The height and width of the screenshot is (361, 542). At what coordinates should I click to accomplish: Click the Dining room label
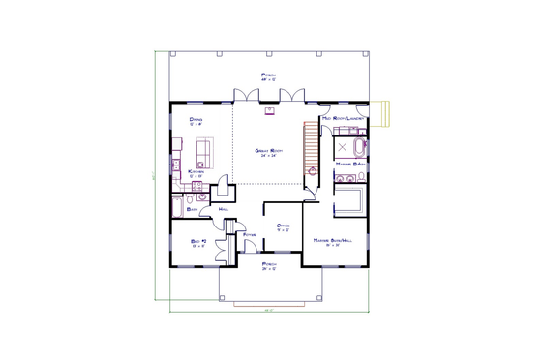(x=196, y=120)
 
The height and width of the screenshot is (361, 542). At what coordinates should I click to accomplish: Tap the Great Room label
(x=268, y=152)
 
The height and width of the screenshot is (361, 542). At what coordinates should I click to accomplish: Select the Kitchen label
(x=195, y=174)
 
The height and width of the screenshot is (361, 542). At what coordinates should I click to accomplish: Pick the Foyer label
(x=249, y=233)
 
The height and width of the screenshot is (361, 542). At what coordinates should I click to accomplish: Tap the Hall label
(x=224, y=209)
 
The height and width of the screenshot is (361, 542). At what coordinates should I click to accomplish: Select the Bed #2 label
(x=198, y=243)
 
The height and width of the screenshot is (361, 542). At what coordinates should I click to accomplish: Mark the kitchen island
(x=204, y=153)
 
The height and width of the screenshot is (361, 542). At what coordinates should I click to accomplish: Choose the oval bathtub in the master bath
(x=361, y=148)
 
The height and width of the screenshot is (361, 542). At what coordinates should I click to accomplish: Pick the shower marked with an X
(x=344, y=147)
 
